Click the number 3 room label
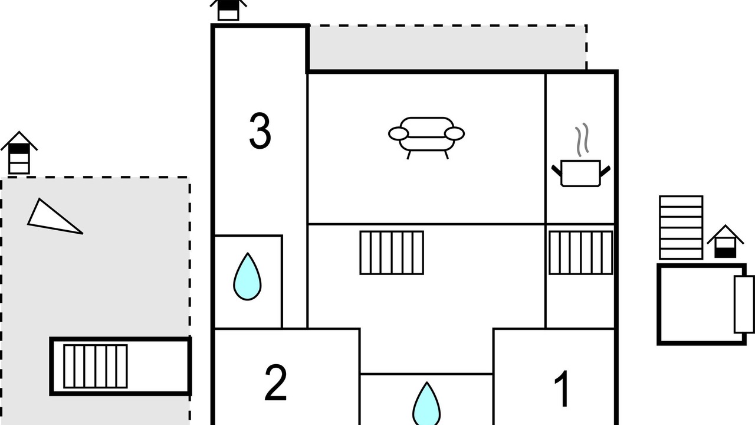tap(260, 131)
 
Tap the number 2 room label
tap(275, 382)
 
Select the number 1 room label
tap(562, 388)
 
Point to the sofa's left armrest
tap(398, 133)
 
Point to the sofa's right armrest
tap(454, 133)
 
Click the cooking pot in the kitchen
tap(581, 174)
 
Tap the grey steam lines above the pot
tap(582, 140)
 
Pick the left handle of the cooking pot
tap(556, 171)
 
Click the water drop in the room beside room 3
tap(247, 277)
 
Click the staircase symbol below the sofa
tap(392, 253)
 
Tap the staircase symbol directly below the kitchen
tap(581, 253)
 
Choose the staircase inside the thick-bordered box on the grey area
tap(96, 367)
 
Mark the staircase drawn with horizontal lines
tap(681, 228)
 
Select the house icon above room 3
tap(228, 10)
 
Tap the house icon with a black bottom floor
tap(726, 242)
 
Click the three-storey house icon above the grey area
tap(19, 153)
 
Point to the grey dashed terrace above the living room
tap(448, 48)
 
